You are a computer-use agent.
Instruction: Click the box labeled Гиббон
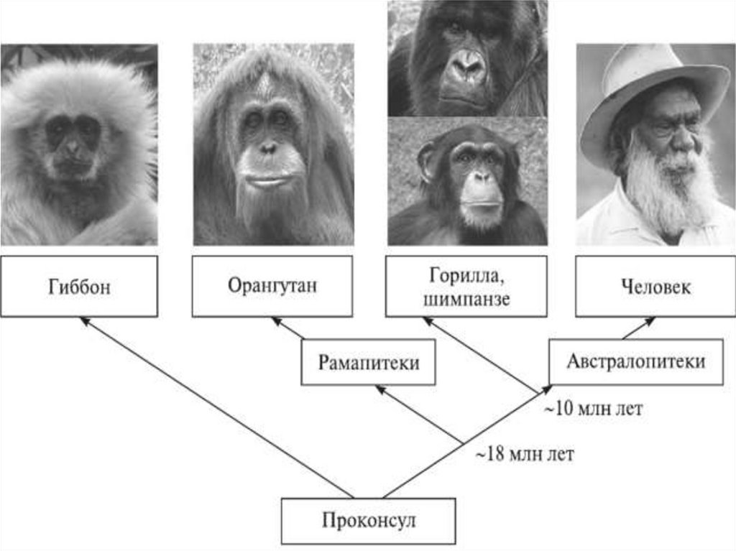79,286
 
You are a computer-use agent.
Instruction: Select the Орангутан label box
272,286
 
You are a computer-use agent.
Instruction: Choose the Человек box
655,286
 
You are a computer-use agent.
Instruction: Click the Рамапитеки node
368,363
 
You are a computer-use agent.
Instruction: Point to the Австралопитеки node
635,361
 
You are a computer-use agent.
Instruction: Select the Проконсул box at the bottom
368,521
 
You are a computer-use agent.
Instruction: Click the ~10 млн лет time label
591,410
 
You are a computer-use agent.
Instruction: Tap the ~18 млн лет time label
524,455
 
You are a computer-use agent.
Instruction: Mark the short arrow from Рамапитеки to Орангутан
288,329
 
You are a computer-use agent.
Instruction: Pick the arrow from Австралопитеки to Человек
638,328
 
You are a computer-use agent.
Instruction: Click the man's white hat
647,79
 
